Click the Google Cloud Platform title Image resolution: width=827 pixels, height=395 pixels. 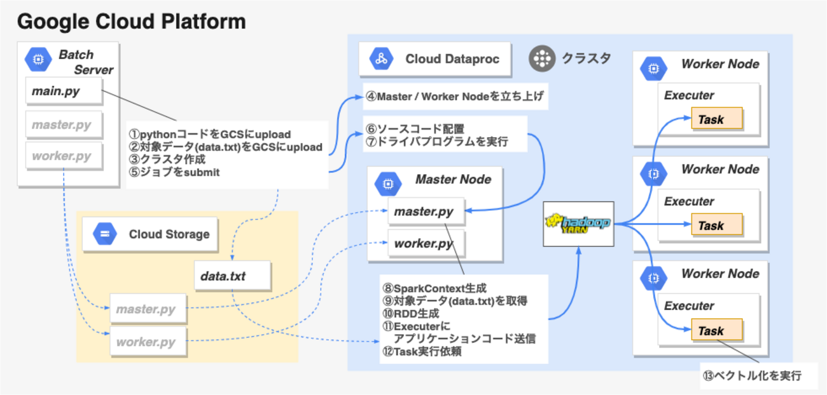(130, 22)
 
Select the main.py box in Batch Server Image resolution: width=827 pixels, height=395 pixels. (63, 91)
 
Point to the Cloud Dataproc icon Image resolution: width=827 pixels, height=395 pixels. (381, 59)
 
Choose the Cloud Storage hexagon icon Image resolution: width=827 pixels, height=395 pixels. (105, 234)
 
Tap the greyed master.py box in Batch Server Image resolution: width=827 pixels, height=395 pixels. (63, 124)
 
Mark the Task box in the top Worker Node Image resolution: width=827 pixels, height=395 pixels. (716, 119)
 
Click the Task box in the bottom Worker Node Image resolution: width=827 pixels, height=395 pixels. (716, 331)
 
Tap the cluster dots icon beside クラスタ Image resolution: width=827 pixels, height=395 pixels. (542, 59)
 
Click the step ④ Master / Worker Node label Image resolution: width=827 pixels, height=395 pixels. (454, 98)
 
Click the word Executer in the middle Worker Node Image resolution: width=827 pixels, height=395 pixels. (689, 201)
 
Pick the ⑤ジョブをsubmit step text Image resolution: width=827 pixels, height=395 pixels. (174, 171)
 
